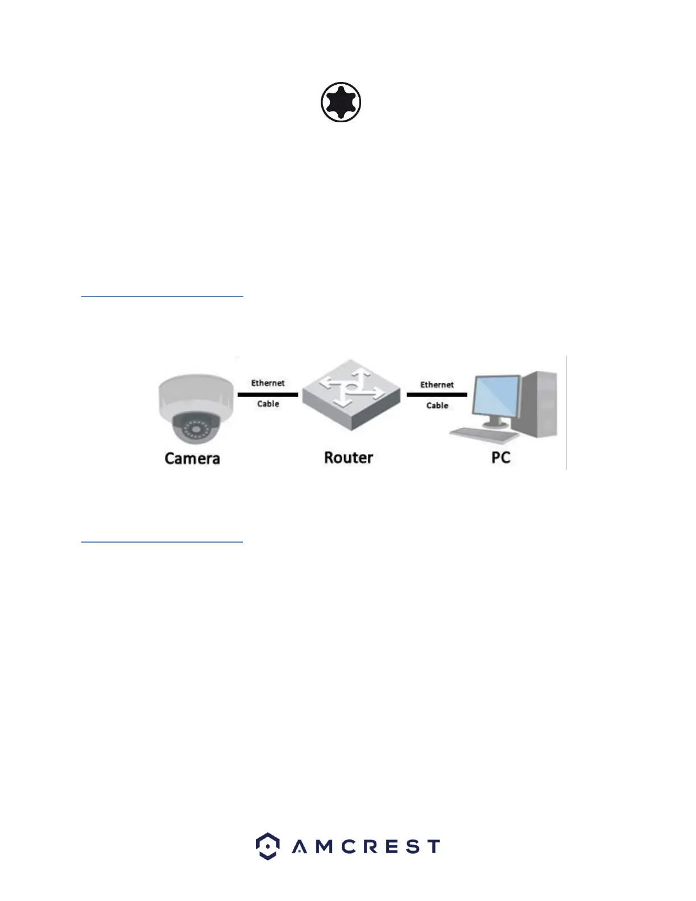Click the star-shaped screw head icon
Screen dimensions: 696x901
341,102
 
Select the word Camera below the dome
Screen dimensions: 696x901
192,458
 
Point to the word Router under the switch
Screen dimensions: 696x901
349,458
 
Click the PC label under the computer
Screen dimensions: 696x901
501,458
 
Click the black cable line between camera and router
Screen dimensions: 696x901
268,394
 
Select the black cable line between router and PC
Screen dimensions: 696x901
437,394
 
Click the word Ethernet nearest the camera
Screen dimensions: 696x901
268,383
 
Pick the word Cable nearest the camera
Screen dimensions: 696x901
268,404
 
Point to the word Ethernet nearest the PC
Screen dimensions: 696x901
437,385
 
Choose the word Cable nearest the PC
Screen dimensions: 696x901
437,406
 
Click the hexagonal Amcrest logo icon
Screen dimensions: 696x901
267,846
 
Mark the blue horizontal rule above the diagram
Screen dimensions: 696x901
162,296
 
